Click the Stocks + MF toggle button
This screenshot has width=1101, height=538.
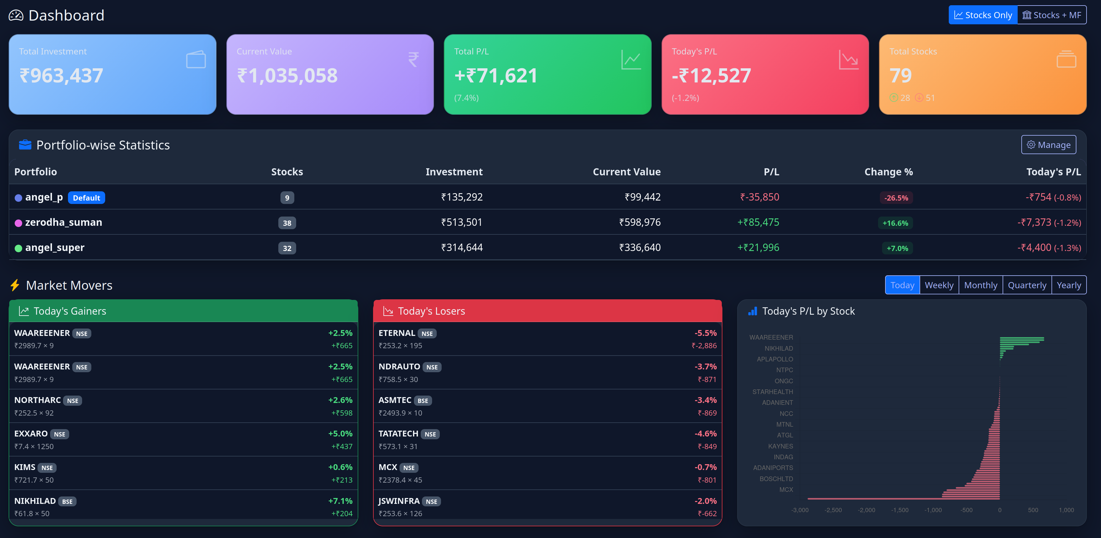click(1051, 15)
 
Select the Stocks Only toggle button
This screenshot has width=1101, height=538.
click(983, 15)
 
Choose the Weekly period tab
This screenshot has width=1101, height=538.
click(939, 285)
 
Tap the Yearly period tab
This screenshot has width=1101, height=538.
click(1068, 285)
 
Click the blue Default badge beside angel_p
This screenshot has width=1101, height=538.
click(86, 197)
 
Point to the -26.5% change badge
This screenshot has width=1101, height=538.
click(896, 197)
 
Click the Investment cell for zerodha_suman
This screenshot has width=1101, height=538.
click(461, 222)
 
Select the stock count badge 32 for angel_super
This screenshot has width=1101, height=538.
click(287, 248)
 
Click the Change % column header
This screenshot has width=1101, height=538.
click(888, 172)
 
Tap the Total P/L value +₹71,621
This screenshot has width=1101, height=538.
click(495, 76)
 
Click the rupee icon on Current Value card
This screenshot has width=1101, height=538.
click(413, 59)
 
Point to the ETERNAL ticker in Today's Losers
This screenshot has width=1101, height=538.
click(397, 333)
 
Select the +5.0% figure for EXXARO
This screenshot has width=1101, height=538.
click(340, 434)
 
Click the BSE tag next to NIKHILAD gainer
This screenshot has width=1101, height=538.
click(67, 501)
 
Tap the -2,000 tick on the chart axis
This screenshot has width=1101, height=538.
click(866, 510)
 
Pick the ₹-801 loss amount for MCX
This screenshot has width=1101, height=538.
click(707, 480)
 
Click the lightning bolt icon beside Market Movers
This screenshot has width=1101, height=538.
click(15, 285)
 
